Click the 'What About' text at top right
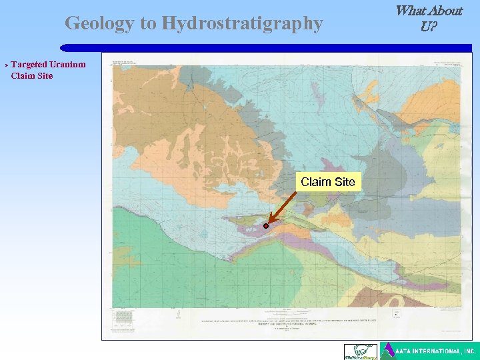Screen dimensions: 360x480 [x=429, y=11]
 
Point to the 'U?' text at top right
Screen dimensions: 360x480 [x=429, y=27]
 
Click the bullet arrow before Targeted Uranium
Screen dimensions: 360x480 [x=6, y=65]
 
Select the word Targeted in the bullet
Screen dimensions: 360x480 [x=29, y=65]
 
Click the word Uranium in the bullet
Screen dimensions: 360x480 [x=68, y=65]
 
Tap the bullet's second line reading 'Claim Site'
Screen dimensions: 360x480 [x=31, y=75]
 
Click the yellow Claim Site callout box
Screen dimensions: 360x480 [x=328, y=182]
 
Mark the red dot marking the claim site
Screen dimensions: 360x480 [x=265, y=226]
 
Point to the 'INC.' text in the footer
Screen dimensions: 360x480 [x=469, y=351]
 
